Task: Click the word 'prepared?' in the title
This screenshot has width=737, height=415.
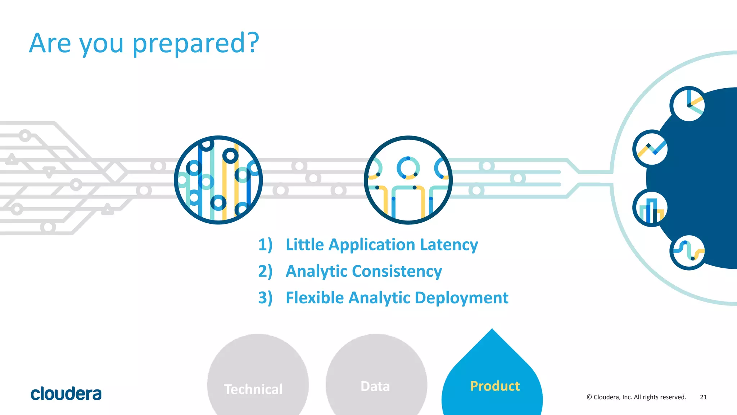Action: click(x=195, y=44)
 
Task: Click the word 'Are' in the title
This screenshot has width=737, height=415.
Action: click(x=50, y=43)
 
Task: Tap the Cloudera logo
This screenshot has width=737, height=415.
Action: click(x=66, y=394)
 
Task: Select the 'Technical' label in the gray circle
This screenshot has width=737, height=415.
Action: click(x=253, y=389)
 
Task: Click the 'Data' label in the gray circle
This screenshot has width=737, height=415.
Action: click(x=375, y=386)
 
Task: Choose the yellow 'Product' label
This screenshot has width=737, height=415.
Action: click(x=495, y=386)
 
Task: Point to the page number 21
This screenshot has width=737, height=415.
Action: click(x=703, y=397)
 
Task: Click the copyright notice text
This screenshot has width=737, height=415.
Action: click(x=636, y=397)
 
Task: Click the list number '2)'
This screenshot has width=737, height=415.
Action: click(x=265, y=271)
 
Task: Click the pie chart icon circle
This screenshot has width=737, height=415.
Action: click(x=688, y=104)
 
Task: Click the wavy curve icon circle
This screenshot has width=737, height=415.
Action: click(x=688, y=252)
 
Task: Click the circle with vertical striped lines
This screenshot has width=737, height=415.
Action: click(x=218, y=180)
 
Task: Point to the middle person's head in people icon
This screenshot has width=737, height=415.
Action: click(x=408, y=168)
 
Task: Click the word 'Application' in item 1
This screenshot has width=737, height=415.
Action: click(x=372, y=245)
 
